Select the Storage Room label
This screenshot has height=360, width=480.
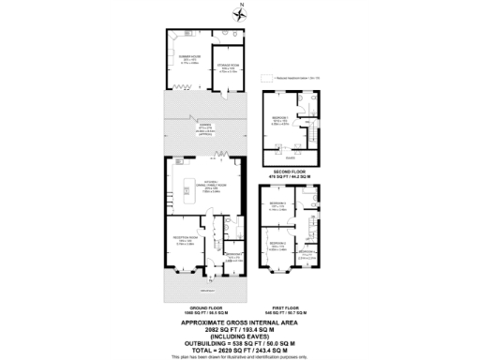click(228, 68)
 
